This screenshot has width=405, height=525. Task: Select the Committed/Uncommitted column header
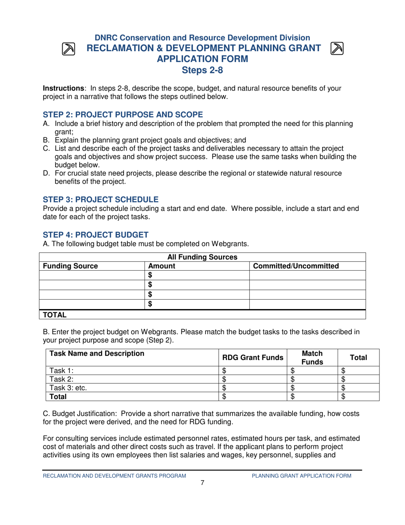[296, 266]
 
